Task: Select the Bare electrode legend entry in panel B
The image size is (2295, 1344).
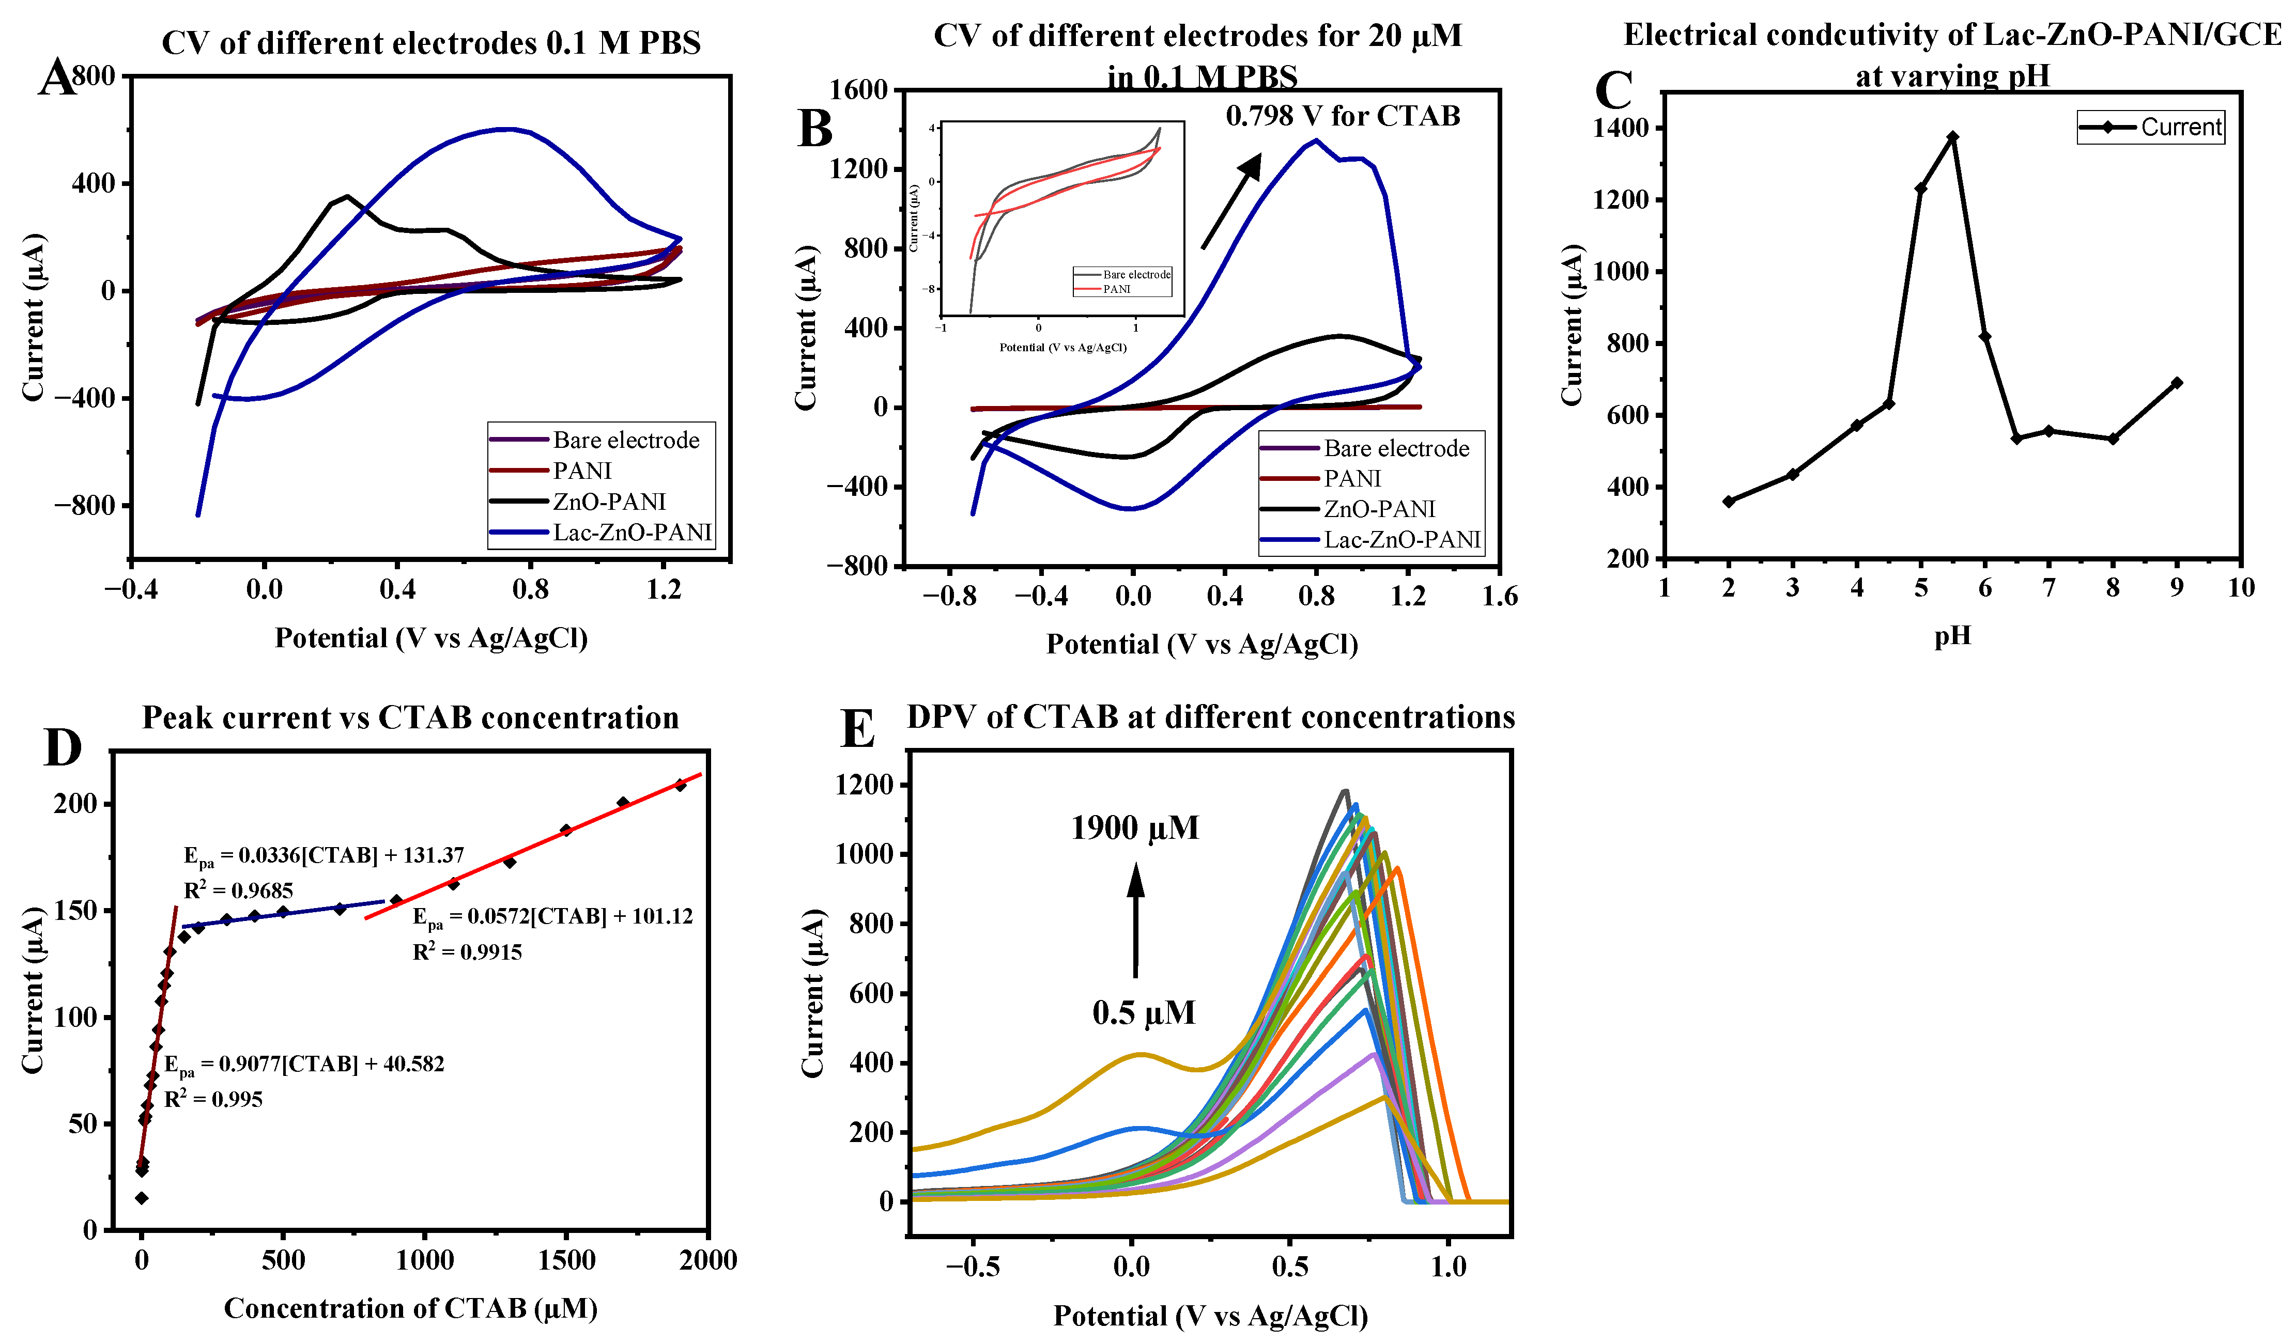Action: [1395, 449]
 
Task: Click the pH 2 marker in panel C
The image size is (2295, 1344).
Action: [1729, 502]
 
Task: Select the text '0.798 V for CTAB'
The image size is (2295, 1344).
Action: [1343, 117]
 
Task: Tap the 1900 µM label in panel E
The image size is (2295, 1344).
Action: [1135, 827]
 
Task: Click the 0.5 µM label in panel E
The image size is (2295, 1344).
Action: [1144, 1012]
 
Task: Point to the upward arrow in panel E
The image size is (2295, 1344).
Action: [1136, 920]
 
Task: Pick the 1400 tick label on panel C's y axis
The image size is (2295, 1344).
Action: [1621, 129]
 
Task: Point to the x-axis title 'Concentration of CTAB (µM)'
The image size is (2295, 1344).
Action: [411, 1308]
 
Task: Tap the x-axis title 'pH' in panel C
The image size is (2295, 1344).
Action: [1952, 635]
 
